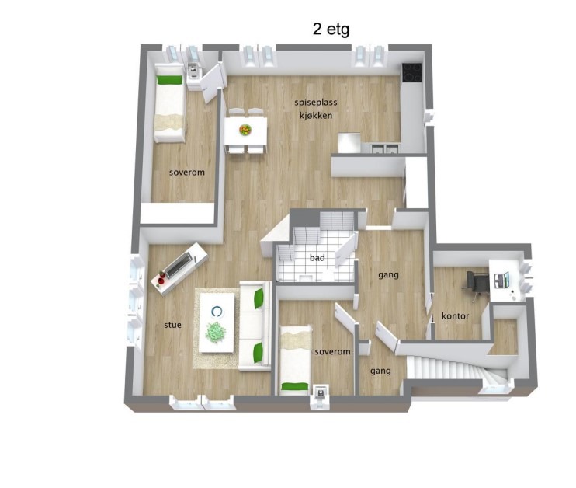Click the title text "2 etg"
331,30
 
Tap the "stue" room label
172,325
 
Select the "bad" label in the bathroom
317,257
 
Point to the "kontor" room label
455,315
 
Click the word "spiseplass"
316,103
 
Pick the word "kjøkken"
316,116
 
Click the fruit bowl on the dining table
245,130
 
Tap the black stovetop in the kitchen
411,72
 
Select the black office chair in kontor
477,282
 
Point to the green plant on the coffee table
216,333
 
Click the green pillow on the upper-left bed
169,80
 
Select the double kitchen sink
384,148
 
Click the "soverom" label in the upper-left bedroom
187,172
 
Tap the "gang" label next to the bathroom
388,275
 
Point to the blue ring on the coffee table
217,312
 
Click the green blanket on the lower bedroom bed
295,386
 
